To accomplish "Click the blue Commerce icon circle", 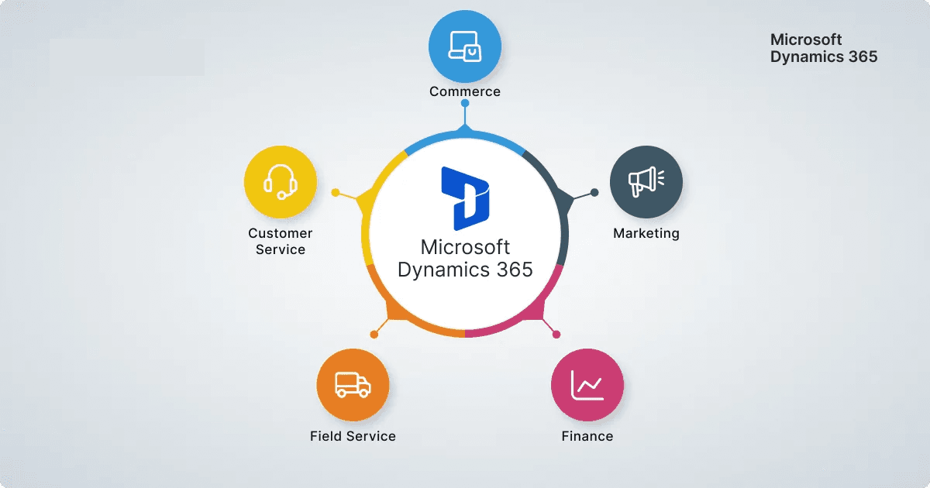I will [465, 46].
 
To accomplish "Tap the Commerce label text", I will [465, 91].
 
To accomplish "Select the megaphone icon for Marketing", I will [646, 181].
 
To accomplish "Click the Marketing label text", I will [646, 233].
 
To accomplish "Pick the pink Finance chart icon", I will [587, 384].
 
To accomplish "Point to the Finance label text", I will [587, 436].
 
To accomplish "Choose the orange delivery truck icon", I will [353, 384].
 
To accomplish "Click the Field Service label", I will [353, 436].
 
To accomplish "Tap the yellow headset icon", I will [280, 181].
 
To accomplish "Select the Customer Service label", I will [280, 241].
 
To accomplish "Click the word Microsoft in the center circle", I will [465, 247].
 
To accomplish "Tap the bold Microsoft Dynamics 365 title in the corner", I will [823, 47].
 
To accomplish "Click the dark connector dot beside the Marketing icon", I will [594, 192].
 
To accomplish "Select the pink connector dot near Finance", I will [556, 335].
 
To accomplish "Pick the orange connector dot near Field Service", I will [374, 335].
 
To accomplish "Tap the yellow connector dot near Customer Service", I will [335, 192].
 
